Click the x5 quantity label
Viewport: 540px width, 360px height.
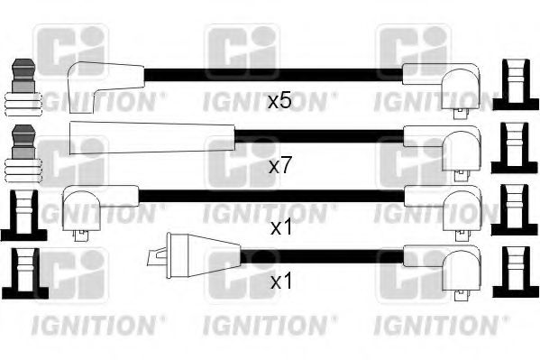pyautogui.click(x=279, y=101)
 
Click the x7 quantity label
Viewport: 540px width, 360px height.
pyautogui.click(x=281, y=166)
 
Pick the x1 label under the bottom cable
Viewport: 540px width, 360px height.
pyautogui.click(x=281, y=282)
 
